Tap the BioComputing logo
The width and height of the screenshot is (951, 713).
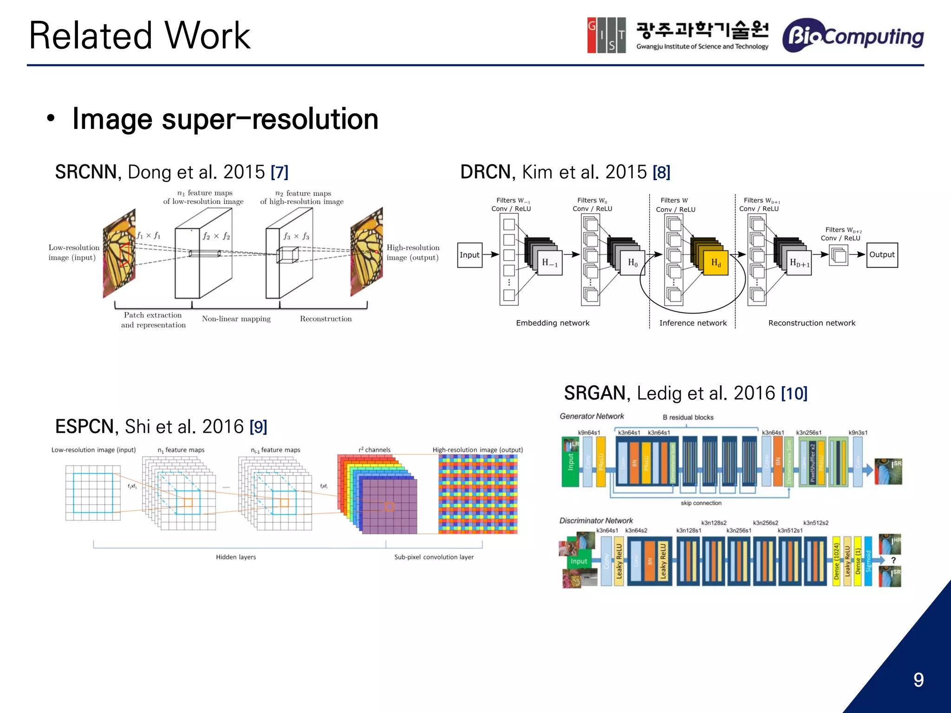coord(853,36)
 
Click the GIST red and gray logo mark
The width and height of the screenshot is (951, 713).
coord(606,35)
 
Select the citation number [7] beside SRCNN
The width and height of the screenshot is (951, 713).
coord(280,173)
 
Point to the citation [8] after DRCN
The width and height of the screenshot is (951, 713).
coord(661,173)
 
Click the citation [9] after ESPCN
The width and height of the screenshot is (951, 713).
coord(258,427)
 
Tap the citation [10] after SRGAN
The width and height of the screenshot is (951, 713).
coord(794,394)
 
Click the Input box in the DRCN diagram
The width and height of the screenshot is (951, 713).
coord(469,255)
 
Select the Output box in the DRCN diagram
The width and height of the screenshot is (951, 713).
coord(882,255)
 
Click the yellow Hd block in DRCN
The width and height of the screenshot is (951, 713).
coord(716,263)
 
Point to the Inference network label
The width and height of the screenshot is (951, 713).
coord(693,323)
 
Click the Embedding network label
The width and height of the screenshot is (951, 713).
coord(553,323)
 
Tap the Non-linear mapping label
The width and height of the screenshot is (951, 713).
coord(236,319)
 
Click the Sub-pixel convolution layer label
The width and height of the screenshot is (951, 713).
coord(434,557)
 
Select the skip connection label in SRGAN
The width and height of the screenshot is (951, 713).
coord(701,503)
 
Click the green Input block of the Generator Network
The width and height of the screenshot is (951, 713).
coord(570,462)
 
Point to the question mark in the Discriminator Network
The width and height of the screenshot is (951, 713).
coord(893,561)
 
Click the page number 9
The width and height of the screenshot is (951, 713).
coord(918,680)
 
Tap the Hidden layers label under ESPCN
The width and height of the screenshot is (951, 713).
coord(235,557)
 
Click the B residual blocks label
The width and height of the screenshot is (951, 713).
coord(688,417)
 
